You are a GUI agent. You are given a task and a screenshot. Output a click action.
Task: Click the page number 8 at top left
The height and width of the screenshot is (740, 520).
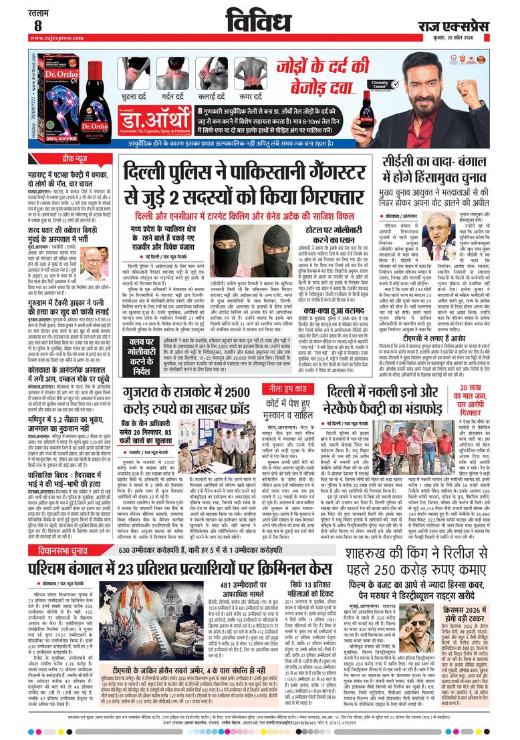click(x=38, y=25)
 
